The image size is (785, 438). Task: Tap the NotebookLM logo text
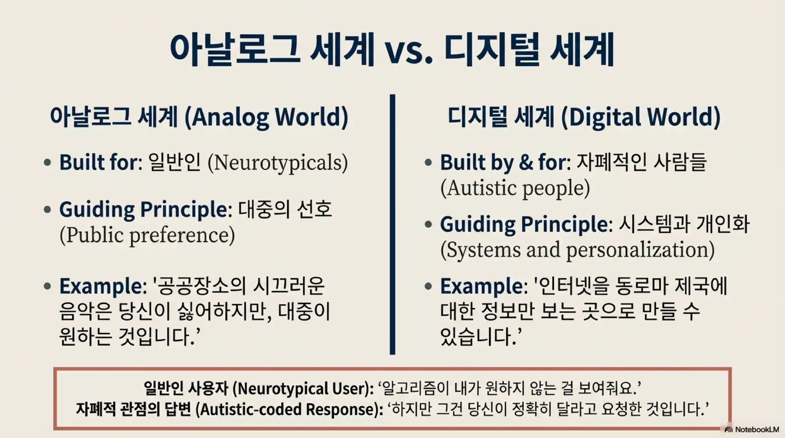[757, 429]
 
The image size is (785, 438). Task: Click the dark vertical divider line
[392, 224]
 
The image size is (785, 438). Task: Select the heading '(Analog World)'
[266, 117]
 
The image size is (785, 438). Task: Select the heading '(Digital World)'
[640, 117]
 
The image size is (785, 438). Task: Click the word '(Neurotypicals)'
[278, 163]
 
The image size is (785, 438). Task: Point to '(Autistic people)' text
[515, 188]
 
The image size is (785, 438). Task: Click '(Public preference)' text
[147, 235]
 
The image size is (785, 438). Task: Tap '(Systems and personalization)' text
[578, 250]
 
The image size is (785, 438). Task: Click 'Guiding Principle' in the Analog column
[144, 210]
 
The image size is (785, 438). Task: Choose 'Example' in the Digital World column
[481, 286]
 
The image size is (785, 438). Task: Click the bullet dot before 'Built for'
[47, 162]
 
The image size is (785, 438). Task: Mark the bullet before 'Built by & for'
[428, 162]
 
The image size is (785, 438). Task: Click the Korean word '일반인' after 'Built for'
[175, 162]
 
